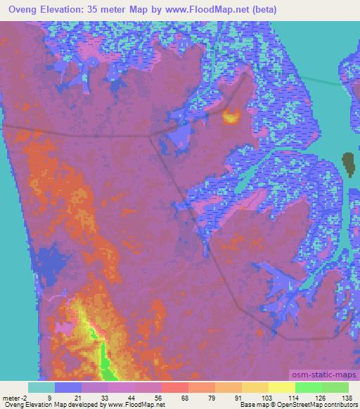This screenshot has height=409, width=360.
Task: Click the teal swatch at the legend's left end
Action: point(41,387)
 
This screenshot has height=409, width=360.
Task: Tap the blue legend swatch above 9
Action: point(68,387)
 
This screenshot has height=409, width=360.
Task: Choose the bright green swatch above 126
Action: point(309,387)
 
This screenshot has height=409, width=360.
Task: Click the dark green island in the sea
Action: point(348,164)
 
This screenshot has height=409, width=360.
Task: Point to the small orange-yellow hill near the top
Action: point(231,117)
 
